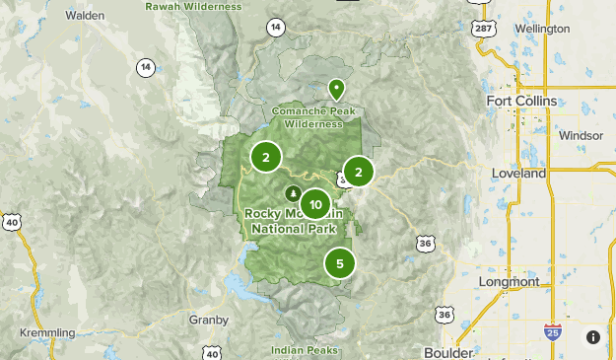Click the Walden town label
coord(85,16)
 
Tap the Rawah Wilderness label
coord(192,6)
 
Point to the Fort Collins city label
coord(521,101)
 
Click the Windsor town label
coord(580,135)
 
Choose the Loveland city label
coord(518,174)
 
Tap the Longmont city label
coord(509,282)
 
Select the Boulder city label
coord(448,352)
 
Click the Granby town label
coord(208,320)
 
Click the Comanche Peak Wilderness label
coord(313,117)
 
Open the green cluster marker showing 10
coord(314,205)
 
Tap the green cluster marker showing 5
coord(340,263)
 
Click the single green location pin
coord(336,90)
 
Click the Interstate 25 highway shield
coord(553,333)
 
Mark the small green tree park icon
coord(292,193)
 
